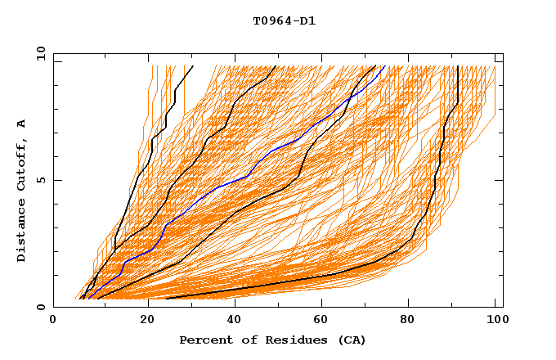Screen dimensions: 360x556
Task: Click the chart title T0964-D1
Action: pyautogui.click(x=285, y=21)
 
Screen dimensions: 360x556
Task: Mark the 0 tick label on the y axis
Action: pyautogui.click(x=40, y=307)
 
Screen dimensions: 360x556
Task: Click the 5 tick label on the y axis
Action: pyautogui.click(x=40, y=180)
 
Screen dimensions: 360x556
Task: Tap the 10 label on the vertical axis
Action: pyautogui.click(x=38, y=53)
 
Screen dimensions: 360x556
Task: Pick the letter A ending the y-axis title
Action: pyautogui.click(x=21, y=123)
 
